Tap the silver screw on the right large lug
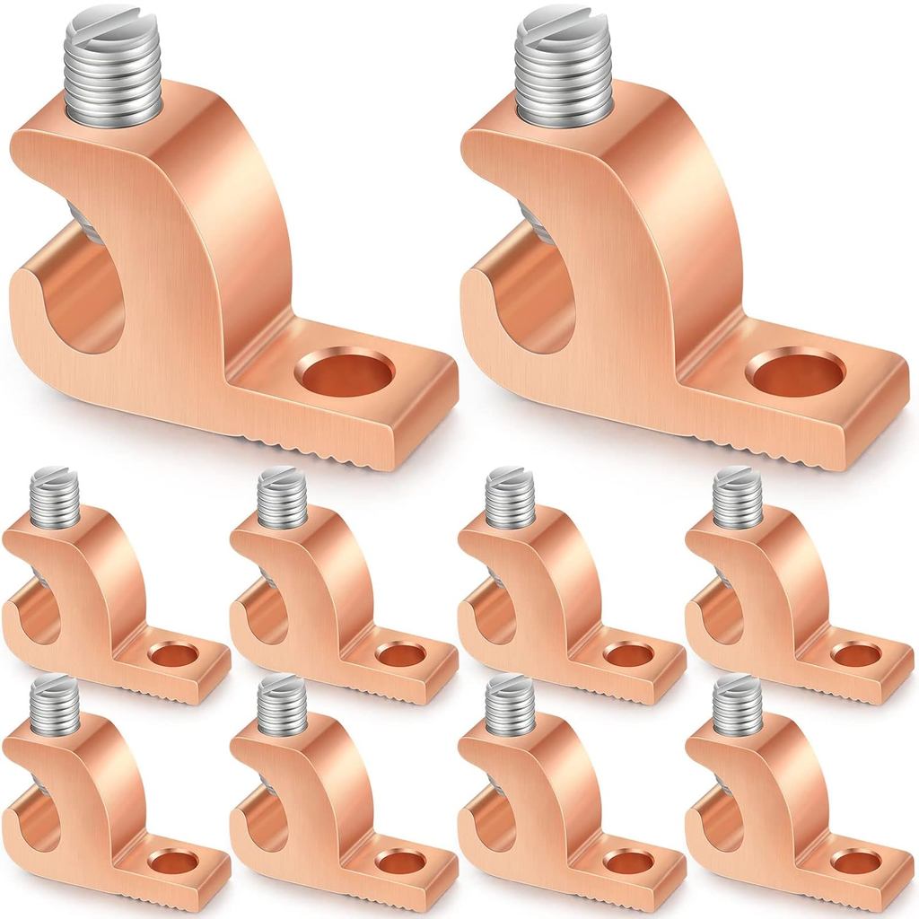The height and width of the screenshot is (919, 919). point(565,67)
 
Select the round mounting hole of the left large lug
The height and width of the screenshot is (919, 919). point(346,372)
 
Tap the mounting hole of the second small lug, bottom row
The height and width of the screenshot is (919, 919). point(399,862)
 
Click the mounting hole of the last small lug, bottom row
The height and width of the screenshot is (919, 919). point(855,862)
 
